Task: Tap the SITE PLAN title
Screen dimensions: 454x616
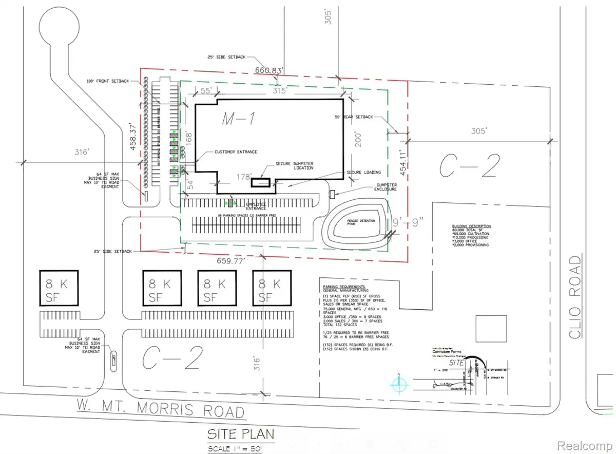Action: click(x=240, y=434)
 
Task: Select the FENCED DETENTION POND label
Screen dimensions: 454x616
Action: click(x=360, y=222)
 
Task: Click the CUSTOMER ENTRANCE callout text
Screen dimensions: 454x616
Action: click(x=236, y=152)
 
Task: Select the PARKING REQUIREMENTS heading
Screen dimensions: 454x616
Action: click(x=344, y=286)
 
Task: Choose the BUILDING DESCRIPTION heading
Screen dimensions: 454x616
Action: click(x=471, y=226)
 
